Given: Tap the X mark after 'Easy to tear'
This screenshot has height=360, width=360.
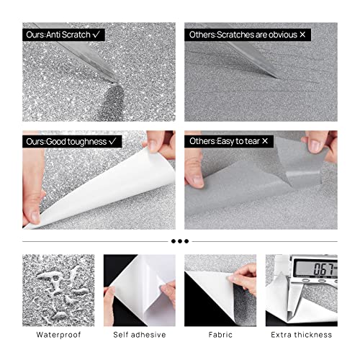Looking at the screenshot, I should coord(274,142).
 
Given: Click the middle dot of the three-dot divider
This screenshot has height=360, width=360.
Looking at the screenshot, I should coord(180,240).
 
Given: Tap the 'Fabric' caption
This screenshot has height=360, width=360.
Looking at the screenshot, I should coord(220,335).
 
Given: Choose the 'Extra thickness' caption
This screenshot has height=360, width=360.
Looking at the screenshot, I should coord(302,335).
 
